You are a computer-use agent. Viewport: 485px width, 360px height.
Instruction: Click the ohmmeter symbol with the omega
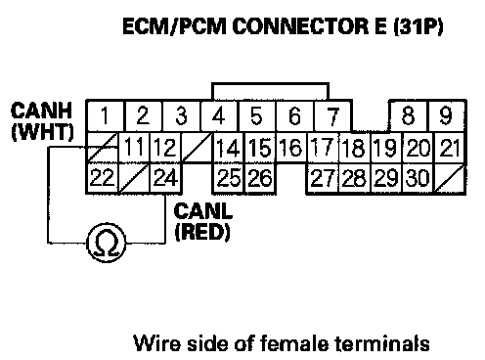click(x=107, y=243)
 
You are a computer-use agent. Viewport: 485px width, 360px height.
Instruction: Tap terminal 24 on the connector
click(x=165, y=178)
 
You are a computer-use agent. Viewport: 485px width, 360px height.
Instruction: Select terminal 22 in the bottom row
click(x=102, y=178)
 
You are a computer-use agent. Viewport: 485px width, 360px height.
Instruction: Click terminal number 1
click(x=105, y=115)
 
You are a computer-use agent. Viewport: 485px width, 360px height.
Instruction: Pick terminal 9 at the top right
click(x=446, y=115)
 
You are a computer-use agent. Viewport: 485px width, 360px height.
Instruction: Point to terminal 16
click(x=291, y=148)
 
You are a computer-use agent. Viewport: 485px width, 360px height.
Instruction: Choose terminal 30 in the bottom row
click(x=418, y=178)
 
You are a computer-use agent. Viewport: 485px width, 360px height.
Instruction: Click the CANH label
click(x=41, y=111)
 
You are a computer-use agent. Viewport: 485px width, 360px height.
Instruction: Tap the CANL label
click(x=203, y=211)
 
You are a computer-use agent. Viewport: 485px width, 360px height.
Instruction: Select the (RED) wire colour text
click(x=202, y=232)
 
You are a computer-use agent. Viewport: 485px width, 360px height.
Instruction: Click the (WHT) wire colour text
click(x=42, y=131)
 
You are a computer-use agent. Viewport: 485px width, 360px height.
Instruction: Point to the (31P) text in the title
click(x=419, y=26)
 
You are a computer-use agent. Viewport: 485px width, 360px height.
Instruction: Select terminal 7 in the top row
click(x=333, y=115)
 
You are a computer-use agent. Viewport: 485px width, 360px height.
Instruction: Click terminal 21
click(x=450, y=148)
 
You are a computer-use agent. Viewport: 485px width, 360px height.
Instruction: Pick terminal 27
click(x=323, y=178)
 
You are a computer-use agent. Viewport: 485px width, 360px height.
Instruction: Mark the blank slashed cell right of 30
click(x=450, y=178)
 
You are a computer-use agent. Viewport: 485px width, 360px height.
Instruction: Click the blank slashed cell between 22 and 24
click(x=134, y=178)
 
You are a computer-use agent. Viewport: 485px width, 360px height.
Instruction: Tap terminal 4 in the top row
click(x=219, y=115)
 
